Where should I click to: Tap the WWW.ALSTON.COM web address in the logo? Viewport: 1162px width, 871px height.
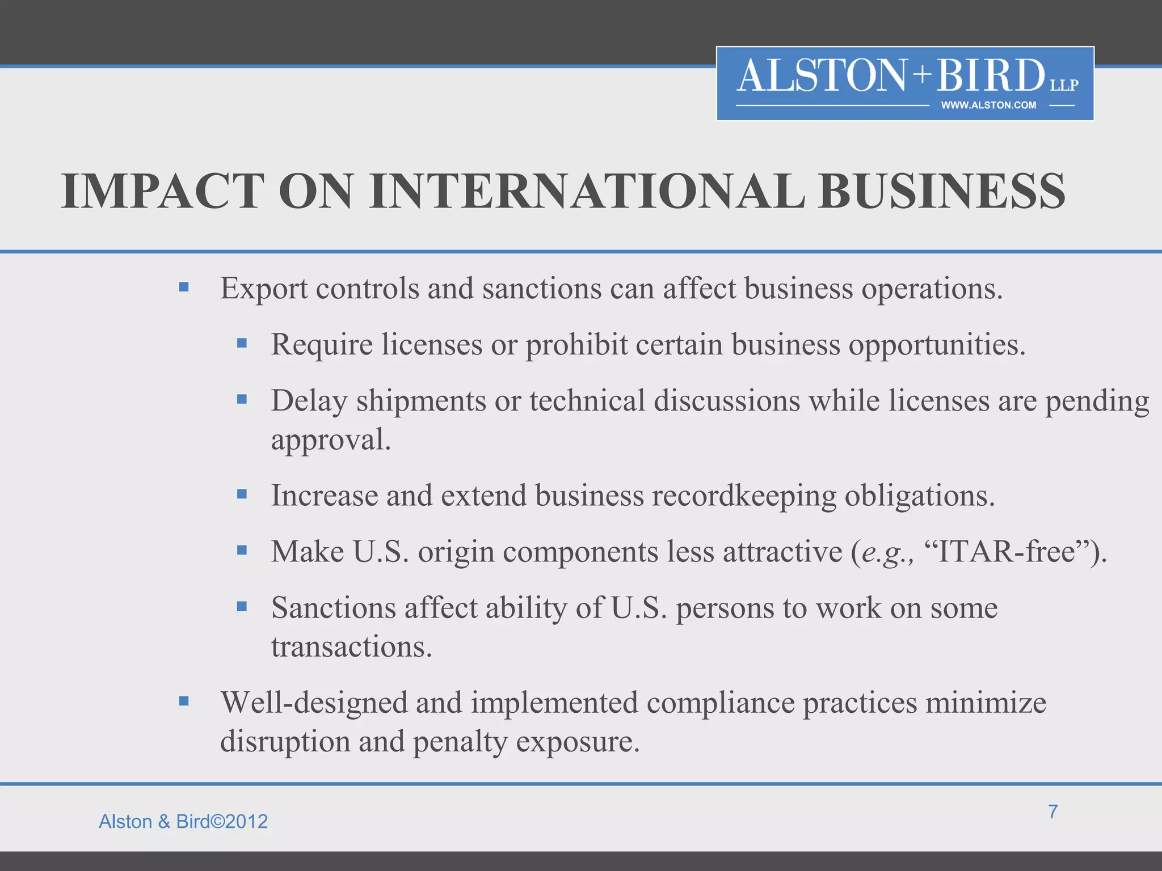pyautogui.click(x=988, y=105)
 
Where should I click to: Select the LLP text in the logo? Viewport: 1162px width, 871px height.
pyautogui.click(x=1064, y=85)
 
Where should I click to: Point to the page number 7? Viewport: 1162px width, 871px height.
pyautogui.click(x=1052, y=811)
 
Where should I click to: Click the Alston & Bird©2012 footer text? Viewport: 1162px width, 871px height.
pyautogui.click(x=183, y=821)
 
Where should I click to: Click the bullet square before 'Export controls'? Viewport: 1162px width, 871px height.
pyautogui.click(x=183, y=287)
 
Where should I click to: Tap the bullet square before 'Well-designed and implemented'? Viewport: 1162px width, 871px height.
pyautogui.click(x=183, y=701)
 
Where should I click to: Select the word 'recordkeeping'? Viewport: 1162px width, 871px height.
pyautogui.click(x=743, y=496)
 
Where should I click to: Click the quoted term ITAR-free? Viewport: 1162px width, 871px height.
pyautogui.click(x=1007, y=551)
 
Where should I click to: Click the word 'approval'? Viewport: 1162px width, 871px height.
pyautogui.click(x=330, y=440)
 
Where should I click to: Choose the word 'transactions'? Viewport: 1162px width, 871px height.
pyautogui.click(x=351, y=646)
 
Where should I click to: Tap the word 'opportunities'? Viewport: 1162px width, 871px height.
pyautogui.click(x=936, y=345)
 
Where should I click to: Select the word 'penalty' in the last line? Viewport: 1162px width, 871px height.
pyautogui.click(x=460, y=742)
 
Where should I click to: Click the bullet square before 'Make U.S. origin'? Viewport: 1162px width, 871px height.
pyautogui.click(x=242, y=550)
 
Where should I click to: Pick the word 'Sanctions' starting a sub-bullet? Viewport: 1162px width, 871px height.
pyautogui.click(x=334, y=608)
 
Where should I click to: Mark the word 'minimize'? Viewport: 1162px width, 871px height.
pyautogui.click(x=986, y=703)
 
